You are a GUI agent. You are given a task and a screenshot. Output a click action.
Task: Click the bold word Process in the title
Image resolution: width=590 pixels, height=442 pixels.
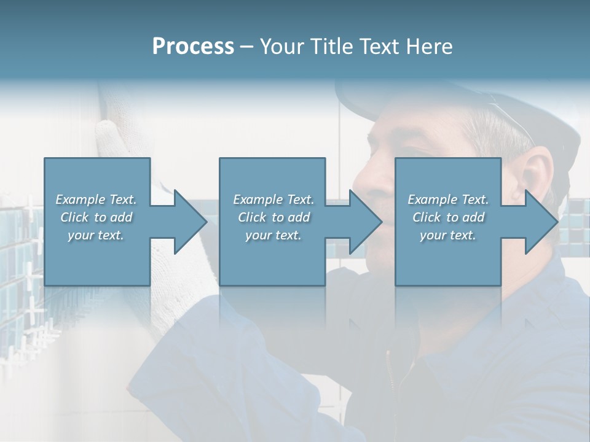point(193,46)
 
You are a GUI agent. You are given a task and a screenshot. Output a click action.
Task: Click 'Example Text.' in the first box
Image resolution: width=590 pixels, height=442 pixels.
point(96,200)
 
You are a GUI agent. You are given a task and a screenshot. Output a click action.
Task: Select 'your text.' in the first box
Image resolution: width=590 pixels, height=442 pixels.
point(96,235)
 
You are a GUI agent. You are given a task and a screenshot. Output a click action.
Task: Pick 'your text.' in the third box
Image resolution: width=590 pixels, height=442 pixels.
point(448,235)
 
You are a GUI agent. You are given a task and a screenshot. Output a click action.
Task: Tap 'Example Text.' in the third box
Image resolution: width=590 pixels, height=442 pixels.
point(448,200)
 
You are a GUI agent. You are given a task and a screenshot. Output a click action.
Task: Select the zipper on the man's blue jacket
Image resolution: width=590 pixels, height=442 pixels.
point(388,368)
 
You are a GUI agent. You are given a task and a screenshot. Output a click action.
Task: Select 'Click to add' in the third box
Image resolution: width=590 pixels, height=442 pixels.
point(448,217)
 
